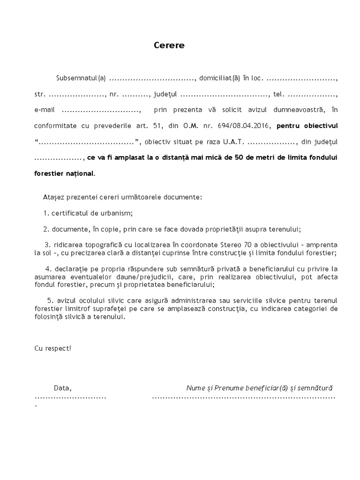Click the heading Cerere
[169, 45]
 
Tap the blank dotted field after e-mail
[101, 110]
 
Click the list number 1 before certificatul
[46, 213]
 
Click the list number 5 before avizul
[49, 300]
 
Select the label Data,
[62, 388]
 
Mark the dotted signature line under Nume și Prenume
[244, 397]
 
